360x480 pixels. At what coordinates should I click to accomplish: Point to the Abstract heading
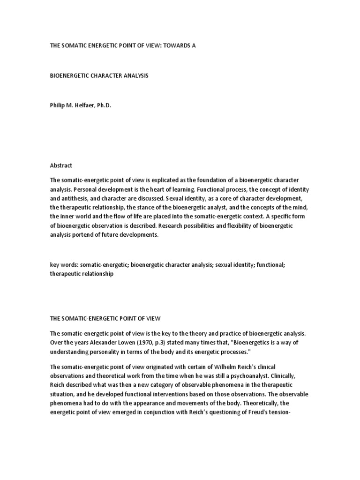(x=61, y=165)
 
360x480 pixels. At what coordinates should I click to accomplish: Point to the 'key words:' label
(x=64, y=265)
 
